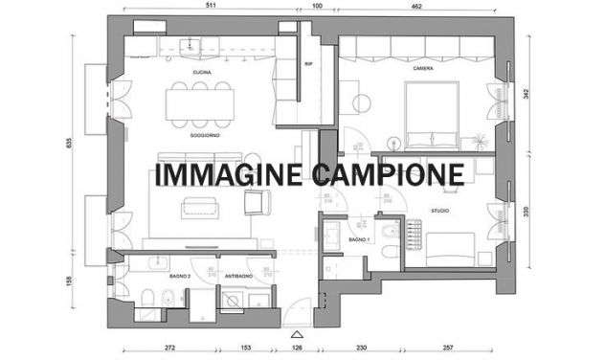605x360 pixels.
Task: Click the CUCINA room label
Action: point(201,73)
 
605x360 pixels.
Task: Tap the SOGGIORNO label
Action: point(205,136)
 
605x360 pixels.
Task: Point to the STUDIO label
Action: point(439,210)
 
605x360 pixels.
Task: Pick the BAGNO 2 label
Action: point(181,276)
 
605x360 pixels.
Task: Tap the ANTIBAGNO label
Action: point(237,276)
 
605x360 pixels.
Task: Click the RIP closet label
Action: point(308,65)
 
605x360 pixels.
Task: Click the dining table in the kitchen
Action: point(200,103)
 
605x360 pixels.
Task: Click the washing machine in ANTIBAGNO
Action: point(231,302)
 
